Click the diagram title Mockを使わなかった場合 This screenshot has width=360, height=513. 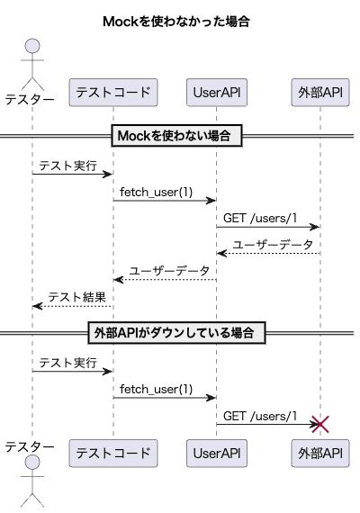coord(181,20)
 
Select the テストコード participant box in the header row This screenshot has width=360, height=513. coord(113,92)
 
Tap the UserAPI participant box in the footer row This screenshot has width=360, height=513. coord(216,453)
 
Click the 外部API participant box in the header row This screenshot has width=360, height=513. coord(320,92)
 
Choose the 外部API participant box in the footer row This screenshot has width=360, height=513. coord(320,453)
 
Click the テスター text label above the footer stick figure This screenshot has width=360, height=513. coord(30,447)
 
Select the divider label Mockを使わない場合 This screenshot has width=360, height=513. coord(175,137)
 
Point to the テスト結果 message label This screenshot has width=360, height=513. coord(77,297)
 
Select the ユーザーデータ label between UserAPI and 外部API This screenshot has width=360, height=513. coord(273,244)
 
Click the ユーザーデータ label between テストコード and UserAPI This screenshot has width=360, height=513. coord(169,270)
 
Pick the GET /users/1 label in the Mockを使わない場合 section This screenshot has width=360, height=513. coord(260,218)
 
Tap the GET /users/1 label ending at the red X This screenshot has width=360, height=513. coord(260,415)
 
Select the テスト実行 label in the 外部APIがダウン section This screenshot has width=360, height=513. coord(67,362)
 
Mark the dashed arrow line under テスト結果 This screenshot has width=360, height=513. coord(72,306)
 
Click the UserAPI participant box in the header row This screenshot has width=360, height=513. coord(216,92)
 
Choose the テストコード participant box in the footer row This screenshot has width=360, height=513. coord(113,453)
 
